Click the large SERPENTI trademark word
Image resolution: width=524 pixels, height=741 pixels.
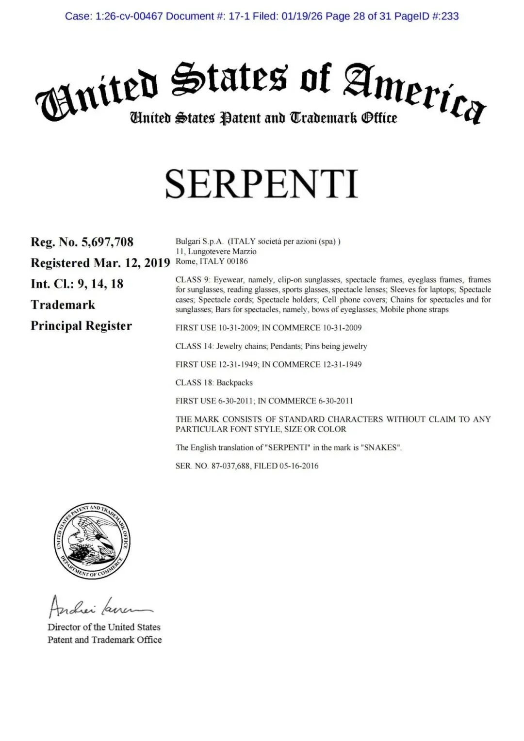click(x=262, y=184)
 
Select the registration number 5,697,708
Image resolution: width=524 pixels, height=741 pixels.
click(x=107, y=242)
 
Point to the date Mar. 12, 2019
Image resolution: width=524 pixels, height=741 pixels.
click(x=131, y=263)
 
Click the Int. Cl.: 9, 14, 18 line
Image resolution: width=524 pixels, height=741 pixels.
click(x=77, y=284)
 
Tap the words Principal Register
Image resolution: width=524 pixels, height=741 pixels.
click(x=81, y=326)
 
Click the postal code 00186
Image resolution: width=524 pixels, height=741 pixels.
click(x=237, y=261)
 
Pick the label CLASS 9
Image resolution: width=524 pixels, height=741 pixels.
click(x=193, y=280)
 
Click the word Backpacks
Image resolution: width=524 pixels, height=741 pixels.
click(x=234, y=383)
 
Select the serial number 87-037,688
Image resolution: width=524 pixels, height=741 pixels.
click(x=230, y=466)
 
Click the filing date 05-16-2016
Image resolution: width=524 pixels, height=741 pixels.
click(x=299, y=466)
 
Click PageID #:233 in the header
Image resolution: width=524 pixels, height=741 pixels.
click(x=426, y=16)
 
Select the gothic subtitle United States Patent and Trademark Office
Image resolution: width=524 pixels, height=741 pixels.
click(x=263, y=118)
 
